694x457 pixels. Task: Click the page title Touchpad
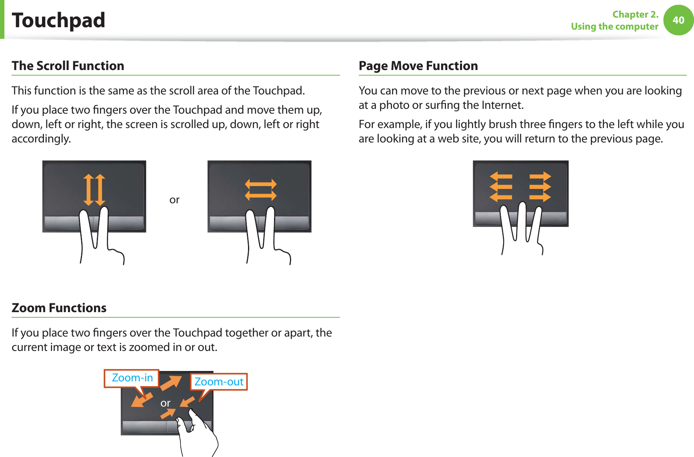click(58, 20)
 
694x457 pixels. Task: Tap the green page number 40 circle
click(678, 20)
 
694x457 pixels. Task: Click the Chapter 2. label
click(635, 14)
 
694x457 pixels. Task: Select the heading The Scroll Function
click(68, 66)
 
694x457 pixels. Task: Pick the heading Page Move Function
click(418, 66)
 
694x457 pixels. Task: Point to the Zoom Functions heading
click(59, 308)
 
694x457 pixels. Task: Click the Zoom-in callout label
click(132, 378)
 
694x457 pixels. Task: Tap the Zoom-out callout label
click(219, 382)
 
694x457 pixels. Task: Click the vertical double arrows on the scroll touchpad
click(94, 190)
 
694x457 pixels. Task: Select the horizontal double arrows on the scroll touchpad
click(261, 190)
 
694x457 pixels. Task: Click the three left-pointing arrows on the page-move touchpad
click(501, 186)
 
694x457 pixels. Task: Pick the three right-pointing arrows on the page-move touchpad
click(540, 186)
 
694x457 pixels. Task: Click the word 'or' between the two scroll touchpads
click(174, 200)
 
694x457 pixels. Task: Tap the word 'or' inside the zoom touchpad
click(165, 403)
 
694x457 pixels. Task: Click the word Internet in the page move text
click(502, 105)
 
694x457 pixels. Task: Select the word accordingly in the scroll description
click(41, 139)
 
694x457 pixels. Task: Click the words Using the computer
click(614, 27)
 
